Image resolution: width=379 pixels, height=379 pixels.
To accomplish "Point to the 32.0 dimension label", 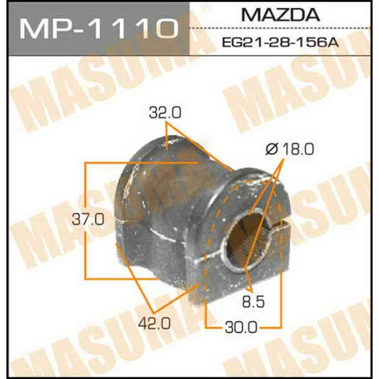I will pos(165,113).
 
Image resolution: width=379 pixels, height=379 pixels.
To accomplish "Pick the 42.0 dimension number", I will pos(156,324).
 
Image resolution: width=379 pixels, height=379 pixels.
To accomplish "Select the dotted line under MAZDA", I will pos(282,28).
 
